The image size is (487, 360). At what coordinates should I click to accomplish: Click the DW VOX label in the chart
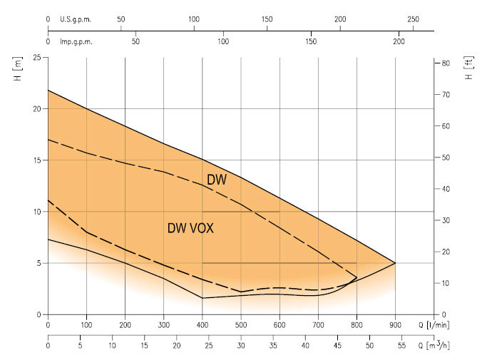[x=190, y=229]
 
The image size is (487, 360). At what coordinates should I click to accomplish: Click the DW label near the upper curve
[x=217, y=180]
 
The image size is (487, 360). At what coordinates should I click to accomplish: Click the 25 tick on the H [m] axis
[x=35, y=58]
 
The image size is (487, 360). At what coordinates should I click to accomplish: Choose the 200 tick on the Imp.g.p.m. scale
[x=399, y=42]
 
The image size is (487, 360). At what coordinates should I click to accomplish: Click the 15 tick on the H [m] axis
[x=35, y=160]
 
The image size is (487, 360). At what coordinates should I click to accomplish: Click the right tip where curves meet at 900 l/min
[x=395, y=263]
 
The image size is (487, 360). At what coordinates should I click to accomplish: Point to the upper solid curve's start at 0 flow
[x=48, y=90]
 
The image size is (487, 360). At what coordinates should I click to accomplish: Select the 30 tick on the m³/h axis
[x=240, y=345]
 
